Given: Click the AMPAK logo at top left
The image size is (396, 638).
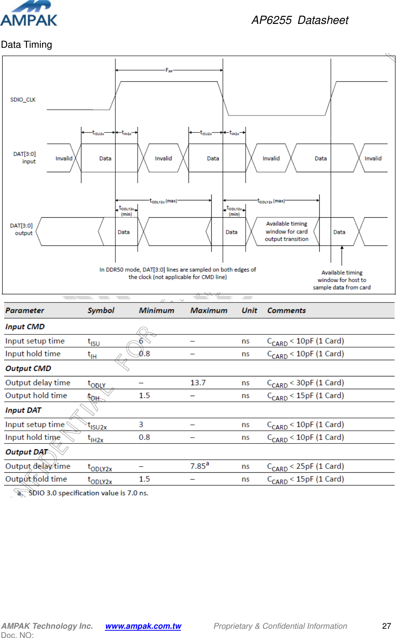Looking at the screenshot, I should pos(29,14).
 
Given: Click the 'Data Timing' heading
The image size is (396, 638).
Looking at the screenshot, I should pos(27,45).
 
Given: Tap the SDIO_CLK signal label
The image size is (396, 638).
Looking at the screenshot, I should pos(23,100).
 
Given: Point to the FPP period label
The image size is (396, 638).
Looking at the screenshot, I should pos(169,70).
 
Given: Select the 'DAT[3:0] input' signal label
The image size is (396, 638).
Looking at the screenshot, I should pos(25,158).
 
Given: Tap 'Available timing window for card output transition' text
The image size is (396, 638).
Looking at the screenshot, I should pos(286,231).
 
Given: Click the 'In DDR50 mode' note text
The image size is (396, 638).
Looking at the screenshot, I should pos(177,273).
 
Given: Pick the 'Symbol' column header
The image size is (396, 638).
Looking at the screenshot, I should pos(101,311).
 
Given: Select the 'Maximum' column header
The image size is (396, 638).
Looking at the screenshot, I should pos(209,311).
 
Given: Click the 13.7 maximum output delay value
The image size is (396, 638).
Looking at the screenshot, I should pos(198,383).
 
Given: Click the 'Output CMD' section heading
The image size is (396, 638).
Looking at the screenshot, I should pos(28,368).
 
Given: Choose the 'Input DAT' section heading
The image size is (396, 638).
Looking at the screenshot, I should pos(23,410).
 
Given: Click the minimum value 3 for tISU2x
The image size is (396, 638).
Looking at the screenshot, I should pos(141,425).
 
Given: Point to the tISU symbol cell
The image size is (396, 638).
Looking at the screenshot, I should pos(94,342).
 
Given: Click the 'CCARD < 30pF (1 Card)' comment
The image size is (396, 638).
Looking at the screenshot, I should pos(305,383).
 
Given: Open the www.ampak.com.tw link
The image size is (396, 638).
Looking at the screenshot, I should pos(143,626).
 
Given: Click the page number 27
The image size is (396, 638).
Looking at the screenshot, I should pos(386,626).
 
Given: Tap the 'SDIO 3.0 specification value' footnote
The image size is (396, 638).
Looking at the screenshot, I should pos(88,493).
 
